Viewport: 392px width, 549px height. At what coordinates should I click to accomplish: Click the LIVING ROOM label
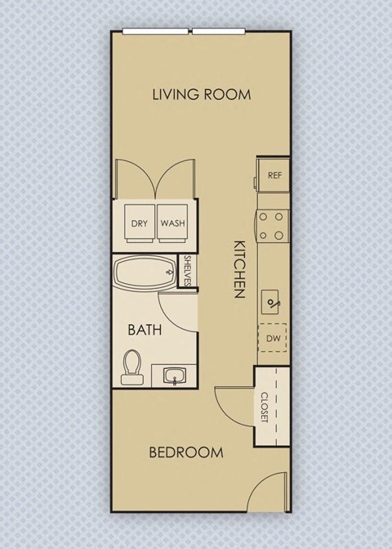(x=201, y=94)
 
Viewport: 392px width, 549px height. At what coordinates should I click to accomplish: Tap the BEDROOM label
(x=187, y=452)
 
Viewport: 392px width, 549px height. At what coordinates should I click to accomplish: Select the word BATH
(x=145, y=331)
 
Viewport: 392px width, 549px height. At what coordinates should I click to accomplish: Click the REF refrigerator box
(x=274, y=175)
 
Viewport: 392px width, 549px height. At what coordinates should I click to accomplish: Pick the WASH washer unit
(x=171, y=223)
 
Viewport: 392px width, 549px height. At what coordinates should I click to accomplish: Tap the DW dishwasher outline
(x=273, y=338)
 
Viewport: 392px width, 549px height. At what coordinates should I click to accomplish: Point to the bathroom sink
(x=175, y=376)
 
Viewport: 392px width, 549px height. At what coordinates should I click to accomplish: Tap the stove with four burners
(x=274, y=226)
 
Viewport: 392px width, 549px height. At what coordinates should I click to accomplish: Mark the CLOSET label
(x=265, y=407)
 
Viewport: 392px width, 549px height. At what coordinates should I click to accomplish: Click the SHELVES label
(x=187, y=271)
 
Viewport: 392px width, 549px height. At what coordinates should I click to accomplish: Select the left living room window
(x=157, y=32)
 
